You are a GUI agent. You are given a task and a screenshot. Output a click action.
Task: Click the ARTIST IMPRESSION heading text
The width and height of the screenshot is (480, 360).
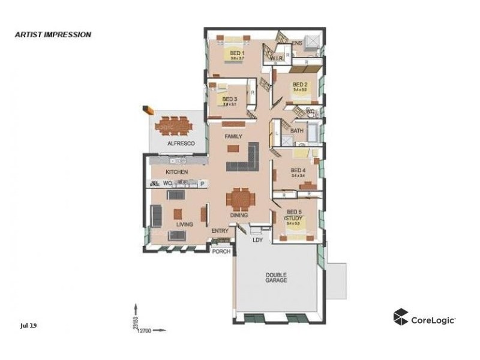pyautogui.click(x=53, y=35)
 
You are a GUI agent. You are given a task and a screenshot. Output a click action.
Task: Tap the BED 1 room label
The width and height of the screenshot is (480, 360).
pyautogui.click(x=237, y=53)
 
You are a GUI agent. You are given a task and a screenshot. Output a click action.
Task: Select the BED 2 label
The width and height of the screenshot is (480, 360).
pyautogui.click(x=300, y=85)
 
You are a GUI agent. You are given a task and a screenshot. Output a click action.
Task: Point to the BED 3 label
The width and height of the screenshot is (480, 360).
pyautogui.click(x=230, y=99)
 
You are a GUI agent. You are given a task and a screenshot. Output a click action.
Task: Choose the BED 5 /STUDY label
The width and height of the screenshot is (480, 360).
pyautogui.click(x=294, y=215)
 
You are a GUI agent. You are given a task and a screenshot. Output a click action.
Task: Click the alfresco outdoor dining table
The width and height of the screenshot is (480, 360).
pyautogui.click(x=173, y=126)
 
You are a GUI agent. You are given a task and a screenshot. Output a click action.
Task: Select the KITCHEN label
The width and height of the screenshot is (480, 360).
pyautogui.click(x=177, y=172)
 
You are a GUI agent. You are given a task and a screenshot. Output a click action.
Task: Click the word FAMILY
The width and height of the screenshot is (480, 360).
pyautogui.click(x=233, y=137)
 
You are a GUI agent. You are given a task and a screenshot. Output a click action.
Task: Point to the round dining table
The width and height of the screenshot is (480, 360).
pyautogui.click(x=240, y=199)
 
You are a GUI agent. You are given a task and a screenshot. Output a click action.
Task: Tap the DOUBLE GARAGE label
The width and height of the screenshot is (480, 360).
pyautogui.click(x=276, y=277)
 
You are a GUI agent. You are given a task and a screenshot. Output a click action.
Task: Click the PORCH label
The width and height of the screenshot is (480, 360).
pyautogui.click(x=221, y=251)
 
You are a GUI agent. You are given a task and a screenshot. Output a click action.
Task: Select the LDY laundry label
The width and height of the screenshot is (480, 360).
pyautogui.click(x=258, y=240)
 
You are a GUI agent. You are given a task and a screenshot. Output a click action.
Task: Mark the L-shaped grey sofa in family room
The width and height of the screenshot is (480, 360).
pyautogui.click(x=246, y=160)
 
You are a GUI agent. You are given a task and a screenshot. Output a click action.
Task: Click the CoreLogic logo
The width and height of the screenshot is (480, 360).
pyautogui.click(x=424, y=318)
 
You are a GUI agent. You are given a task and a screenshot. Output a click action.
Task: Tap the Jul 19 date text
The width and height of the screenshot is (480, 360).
pyautogui.click(x=28, y=325)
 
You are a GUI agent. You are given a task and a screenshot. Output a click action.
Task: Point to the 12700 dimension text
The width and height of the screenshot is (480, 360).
pyautogui.click(x=143, y=330)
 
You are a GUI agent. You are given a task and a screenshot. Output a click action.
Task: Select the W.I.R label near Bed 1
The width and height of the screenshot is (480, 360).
pyautogui.click(x=277, y=59)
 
